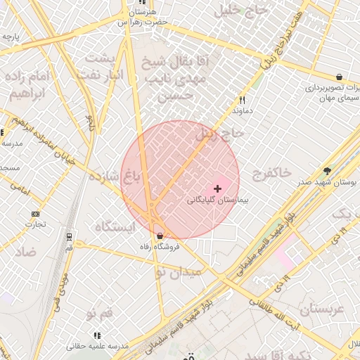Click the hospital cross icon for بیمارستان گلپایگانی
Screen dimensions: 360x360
click(x=217, y=188)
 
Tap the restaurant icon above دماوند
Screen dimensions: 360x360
click(x=243, y=100)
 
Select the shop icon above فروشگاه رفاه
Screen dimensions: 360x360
click(x=160, y=236)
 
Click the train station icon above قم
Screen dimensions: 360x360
click(x=69, y=237)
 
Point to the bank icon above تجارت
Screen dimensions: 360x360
click(x=36, y=214)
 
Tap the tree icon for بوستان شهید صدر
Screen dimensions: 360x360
click(x=327, y=171)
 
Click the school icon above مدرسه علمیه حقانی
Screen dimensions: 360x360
click(x=97, y=336)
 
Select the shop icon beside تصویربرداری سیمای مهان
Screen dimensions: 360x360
click(x=340, y=77)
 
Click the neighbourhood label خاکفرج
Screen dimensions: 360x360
click(x=270, y=172)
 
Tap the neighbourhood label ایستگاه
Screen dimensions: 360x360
click(x=114, y=226)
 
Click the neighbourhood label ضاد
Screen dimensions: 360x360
click(x=26, y=252)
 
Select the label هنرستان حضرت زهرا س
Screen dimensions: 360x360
click(x=143, y=17)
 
